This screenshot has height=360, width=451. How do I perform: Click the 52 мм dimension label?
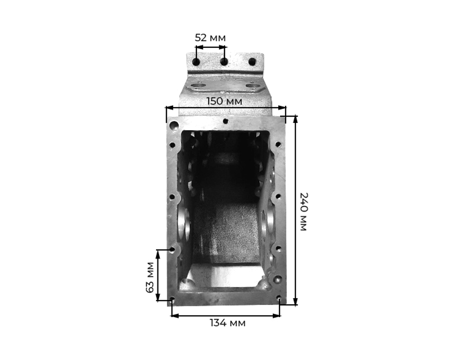pos(210,38)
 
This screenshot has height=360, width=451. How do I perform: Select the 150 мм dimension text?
pos(224,101)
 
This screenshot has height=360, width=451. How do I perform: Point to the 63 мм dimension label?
pos(150,277)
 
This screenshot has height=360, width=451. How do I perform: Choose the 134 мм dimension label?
pos(227,323)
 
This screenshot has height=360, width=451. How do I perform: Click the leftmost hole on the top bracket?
pos(197,62)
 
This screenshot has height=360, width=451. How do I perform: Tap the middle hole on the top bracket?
pos(224,61)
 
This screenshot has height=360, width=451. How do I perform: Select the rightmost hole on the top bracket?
pos(252,61)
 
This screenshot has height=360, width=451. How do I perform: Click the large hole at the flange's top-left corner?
pos(174,125)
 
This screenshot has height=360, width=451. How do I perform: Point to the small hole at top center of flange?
pos(226,121)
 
